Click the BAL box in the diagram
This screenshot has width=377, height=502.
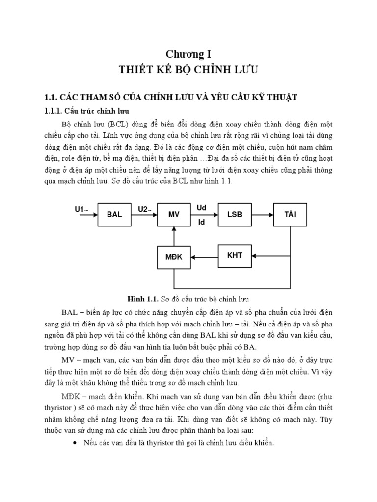pyautogui.click(x=114, y=215)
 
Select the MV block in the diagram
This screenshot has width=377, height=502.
pyautogui.click(x=174, y=215)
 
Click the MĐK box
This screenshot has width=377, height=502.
pyautogui.click(x=174, y=256)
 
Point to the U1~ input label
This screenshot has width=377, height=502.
pyautogui.click(x=81, y=209)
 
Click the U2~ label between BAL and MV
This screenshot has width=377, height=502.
pyautogui.click(x=145, y=209)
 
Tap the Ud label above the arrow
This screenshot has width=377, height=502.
pyautogui.click(x=201, y=208)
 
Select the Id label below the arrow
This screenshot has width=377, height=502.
pyautogui.click(x=201, y=222)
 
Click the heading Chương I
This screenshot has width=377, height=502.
pyautogui.click(x=188, y=54)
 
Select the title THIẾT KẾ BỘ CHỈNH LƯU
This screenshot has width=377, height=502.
pyautogui.click(x=188, y=70)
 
